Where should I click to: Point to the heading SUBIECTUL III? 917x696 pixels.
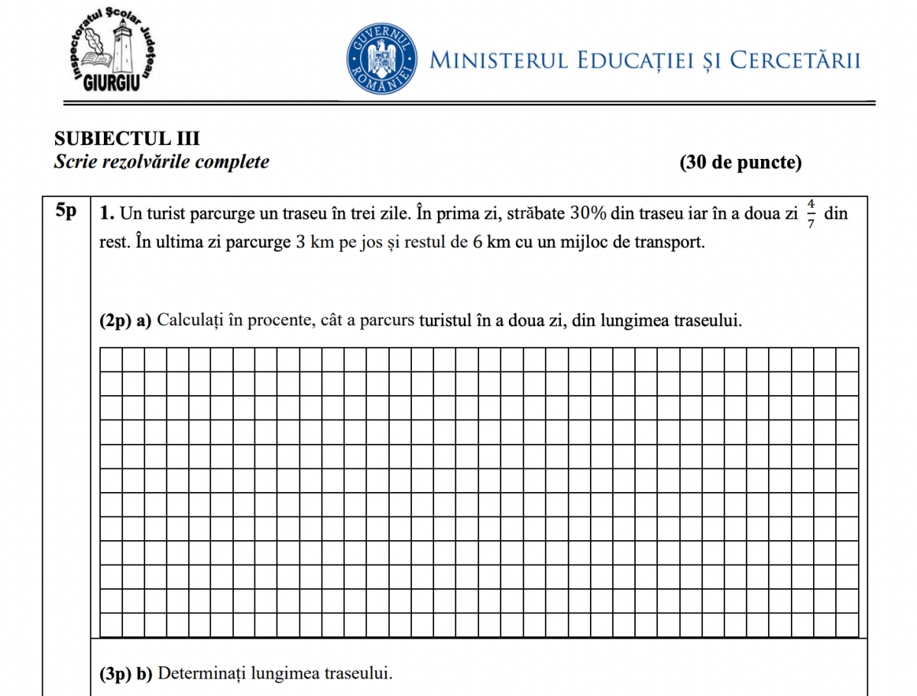127,138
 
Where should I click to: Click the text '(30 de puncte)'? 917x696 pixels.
740,162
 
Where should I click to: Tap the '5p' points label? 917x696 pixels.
67,212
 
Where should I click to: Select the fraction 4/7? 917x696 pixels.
811,214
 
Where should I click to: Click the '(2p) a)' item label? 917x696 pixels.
125,321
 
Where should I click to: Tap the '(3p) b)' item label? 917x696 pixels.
126,674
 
